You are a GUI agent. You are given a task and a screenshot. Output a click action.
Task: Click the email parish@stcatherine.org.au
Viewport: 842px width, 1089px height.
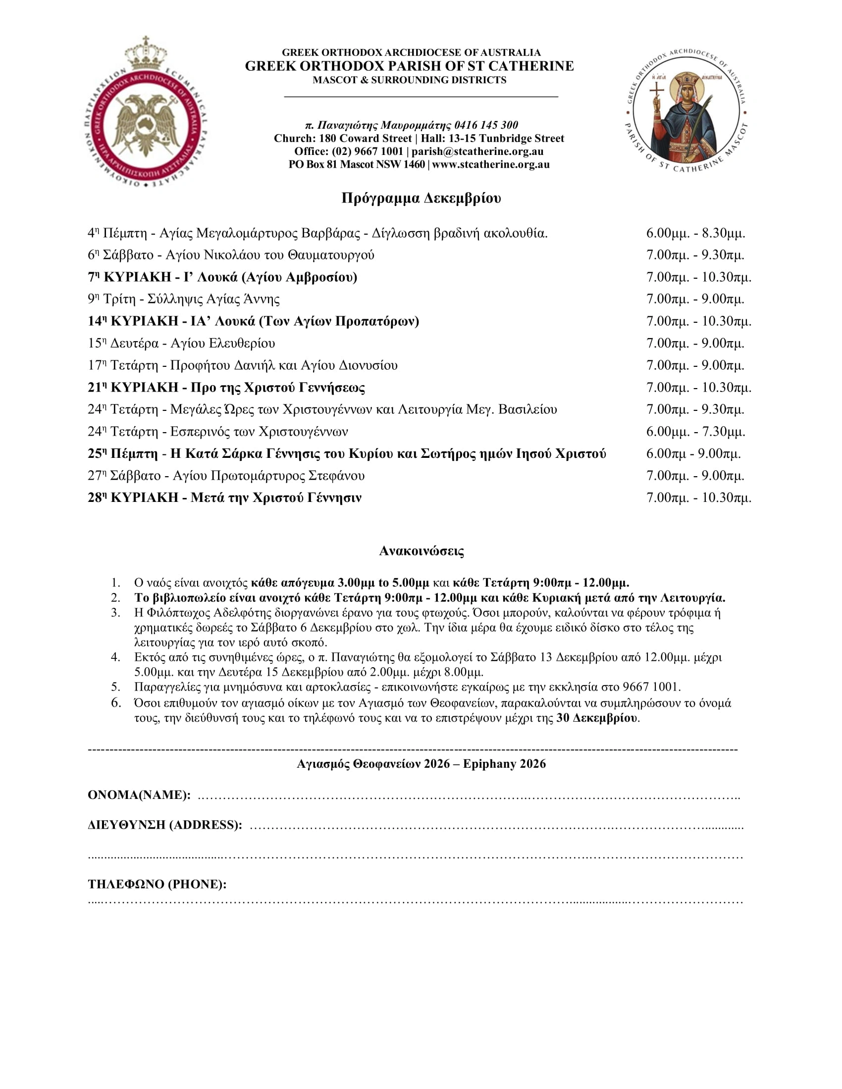point(477,151)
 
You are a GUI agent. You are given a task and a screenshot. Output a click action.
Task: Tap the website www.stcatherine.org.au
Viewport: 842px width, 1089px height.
point(491,164)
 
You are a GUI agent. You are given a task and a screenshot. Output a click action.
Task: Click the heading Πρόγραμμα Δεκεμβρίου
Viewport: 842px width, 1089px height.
point(421,198)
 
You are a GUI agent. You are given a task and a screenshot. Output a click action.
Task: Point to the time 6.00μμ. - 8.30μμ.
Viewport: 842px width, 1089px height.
point(695,233)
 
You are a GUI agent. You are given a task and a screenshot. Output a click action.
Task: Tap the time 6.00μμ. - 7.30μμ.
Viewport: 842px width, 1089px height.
point(695,432)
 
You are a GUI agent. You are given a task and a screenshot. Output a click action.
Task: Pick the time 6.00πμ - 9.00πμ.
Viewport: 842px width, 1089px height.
point(693,454)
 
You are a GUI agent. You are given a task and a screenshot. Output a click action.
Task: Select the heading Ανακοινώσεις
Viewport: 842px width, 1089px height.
point(421,551)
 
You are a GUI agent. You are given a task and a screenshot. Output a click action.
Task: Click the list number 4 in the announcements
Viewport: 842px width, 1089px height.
point(116,657)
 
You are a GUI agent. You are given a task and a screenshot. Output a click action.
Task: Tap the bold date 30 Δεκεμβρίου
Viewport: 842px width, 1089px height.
point(597,719)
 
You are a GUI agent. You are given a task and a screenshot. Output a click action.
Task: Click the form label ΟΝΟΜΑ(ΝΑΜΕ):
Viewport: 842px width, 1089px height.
point(139,795)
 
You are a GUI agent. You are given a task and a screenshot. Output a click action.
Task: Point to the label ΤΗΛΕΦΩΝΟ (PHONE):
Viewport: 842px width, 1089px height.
point(157,885)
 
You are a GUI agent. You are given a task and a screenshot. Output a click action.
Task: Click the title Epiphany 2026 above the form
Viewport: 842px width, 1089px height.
point(504,764)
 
